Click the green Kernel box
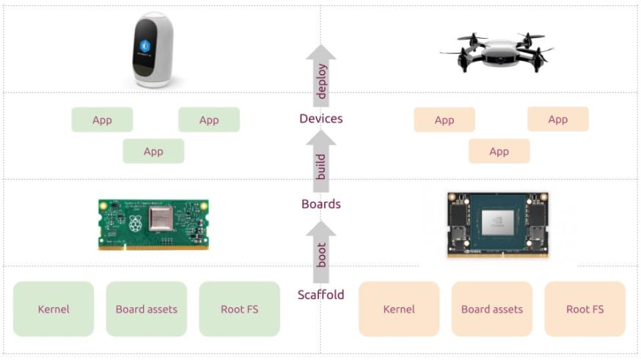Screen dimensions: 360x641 pyautogui.click(x=54, y=309)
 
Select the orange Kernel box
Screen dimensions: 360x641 pyautogui.click(x=399, y=309)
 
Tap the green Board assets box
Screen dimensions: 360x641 pyautogui.click(x=146, y=309)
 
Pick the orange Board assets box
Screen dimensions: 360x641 pyautogui.click(x=491, y=309)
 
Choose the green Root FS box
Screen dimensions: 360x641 pyautogui.click(x=239, y=309)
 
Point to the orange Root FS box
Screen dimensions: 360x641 pyautogui.click(x=585, y=309)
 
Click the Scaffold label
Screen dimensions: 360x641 pyautogui.click(x=320, y=295)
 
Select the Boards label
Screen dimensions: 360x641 pyautogui.click(x=320, y=204)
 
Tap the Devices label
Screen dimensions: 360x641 pyautogui.click(x=320, y=118)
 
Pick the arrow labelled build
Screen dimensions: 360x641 pyautogui.click(x=320, y=163)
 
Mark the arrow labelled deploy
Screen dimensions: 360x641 pyautogui.click(x=320, y=76)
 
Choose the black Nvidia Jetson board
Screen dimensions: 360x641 pyautogui.click(x=499, y=225)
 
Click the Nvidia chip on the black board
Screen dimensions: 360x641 pyautogui.click(x=499, y=221)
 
